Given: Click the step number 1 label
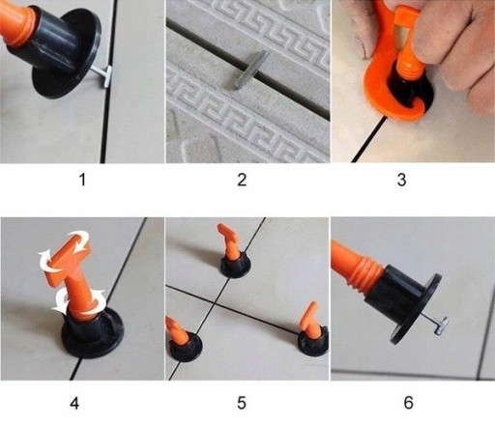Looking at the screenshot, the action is (82, 180).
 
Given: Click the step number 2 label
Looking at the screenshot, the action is (242, 180).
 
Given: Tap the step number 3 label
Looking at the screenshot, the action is (401, 180).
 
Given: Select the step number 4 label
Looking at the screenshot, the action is (74, 403).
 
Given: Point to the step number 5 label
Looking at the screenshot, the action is (242, 403).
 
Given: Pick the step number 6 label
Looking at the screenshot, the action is (408, 403).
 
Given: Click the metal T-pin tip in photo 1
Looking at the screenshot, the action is (106, 76).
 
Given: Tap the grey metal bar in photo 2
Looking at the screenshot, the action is (251, 70).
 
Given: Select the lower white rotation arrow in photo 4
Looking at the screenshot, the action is (79, 302).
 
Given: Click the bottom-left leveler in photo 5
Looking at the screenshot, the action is (182, 341).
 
